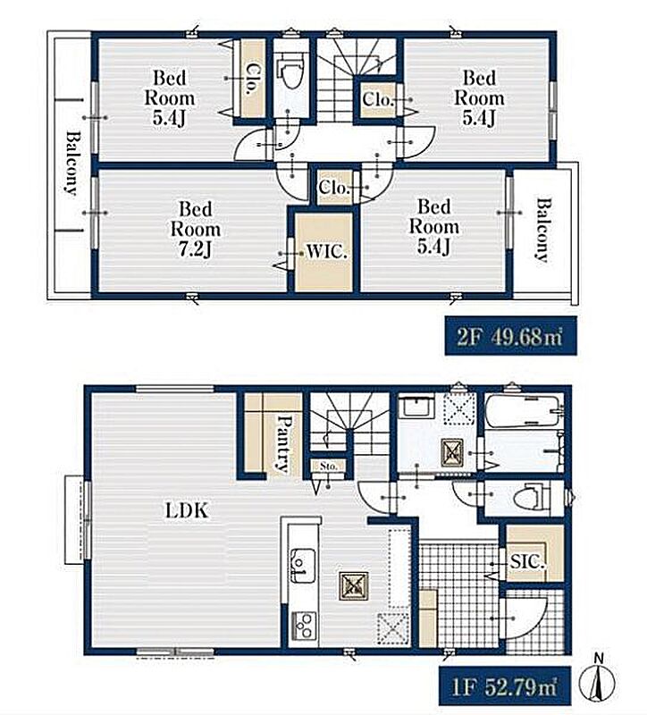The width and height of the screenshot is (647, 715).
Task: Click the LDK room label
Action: click(186, 510)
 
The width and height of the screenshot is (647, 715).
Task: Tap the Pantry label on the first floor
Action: click(283, 442)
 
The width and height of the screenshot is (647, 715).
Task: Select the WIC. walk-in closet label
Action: click(326, 251)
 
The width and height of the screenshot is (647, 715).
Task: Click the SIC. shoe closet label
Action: click(527, 561)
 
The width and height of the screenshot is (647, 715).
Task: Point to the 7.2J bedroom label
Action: click(195, 229)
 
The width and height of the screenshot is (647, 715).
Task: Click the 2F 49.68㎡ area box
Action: click(510, 336)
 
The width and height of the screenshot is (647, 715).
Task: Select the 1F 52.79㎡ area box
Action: click(505, 687)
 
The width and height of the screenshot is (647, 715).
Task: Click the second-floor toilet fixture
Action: click(292, 71)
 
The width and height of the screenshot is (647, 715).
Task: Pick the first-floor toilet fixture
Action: click(530, 497)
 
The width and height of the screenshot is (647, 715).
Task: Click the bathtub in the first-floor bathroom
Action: click(523, 411)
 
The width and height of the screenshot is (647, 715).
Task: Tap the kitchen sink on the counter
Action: click(302, 566)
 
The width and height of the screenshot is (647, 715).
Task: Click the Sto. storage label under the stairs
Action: click(328, 466)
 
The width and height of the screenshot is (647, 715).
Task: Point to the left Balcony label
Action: click(72, 163)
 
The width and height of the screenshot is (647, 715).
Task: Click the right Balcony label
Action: click(542, 230)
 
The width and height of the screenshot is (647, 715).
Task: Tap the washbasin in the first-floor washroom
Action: click(415, 407)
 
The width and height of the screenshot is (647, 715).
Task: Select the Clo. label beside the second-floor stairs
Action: click(377, 99)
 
